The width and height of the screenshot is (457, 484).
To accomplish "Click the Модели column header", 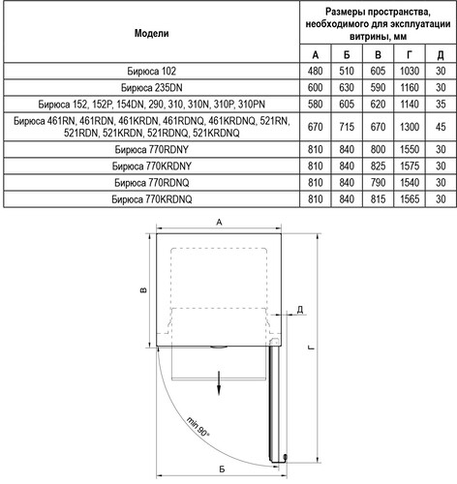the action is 151,33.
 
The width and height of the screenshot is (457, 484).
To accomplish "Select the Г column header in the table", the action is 410,55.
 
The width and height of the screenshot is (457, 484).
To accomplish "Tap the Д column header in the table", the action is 441,55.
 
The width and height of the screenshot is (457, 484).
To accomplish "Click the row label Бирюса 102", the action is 151,71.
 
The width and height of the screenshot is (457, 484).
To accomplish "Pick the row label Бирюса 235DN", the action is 151,87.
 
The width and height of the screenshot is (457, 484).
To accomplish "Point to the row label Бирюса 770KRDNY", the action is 151,166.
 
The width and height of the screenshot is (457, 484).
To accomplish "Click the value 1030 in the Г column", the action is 410,71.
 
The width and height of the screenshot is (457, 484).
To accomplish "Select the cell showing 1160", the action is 410,87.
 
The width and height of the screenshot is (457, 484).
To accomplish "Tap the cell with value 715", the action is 347,127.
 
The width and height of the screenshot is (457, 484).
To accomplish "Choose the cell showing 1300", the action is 410,127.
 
